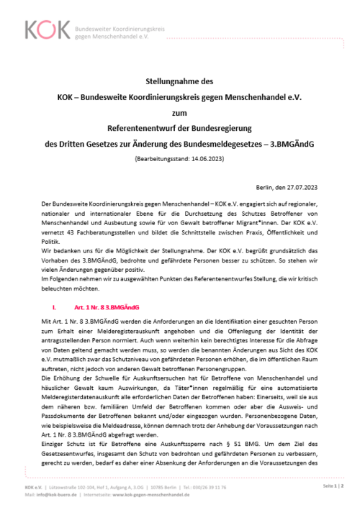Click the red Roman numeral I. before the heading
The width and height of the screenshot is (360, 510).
[x=53, y=306]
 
